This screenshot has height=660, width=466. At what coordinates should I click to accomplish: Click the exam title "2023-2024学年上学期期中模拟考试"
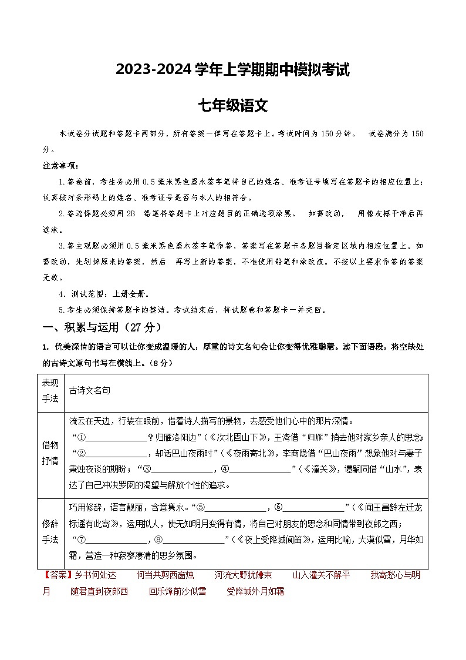click(232, 70)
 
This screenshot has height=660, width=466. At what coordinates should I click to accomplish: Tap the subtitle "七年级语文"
click(232, 106)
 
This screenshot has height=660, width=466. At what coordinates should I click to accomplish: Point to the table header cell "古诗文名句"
click(90, 390)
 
